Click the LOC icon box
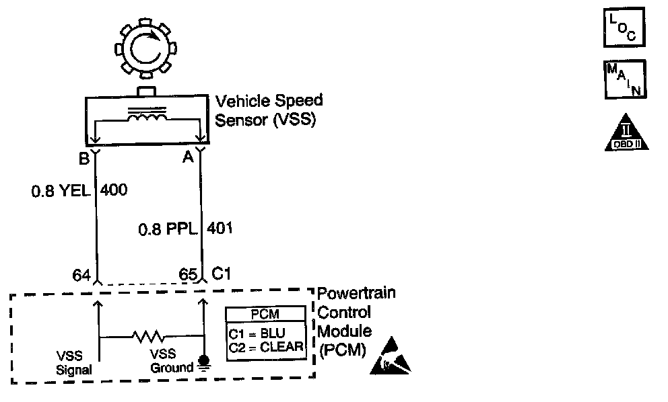(624, 27)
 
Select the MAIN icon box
(625, 79)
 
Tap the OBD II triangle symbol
(626, 132)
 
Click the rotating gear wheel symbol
(145, 48)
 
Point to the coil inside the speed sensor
(147, 116)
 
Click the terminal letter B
(84, 158)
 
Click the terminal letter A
(188, 157)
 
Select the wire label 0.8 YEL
(61, 190)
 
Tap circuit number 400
(114, 190)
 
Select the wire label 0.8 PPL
(168, 229)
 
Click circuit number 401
(220, 228)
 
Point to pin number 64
(81, 275)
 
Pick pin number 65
(188, 274)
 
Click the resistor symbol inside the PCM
(148, 337)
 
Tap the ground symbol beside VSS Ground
(205, 362)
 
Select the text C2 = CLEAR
(266, 348)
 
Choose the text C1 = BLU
(257, 333)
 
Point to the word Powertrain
(357, 293)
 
